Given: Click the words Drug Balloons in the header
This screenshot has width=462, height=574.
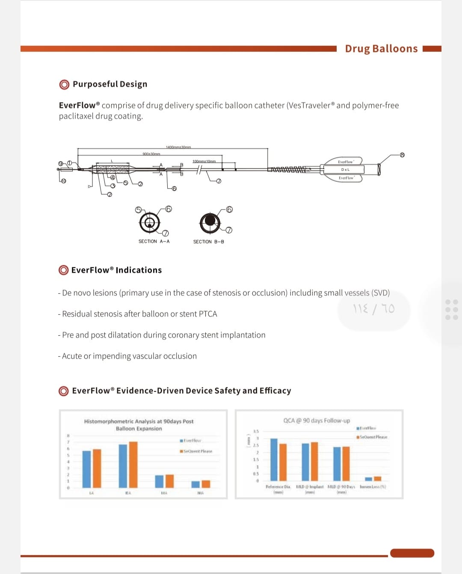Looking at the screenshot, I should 381,48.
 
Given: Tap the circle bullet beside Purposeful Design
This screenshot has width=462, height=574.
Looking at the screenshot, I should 64,84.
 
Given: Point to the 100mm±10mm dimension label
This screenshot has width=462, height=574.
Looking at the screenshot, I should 204,161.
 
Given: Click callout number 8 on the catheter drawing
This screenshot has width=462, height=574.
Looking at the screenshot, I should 402,155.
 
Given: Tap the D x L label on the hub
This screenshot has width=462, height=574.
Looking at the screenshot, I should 346,170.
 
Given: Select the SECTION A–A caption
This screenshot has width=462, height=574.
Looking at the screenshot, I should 154,242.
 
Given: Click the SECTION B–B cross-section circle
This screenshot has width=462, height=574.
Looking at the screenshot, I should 210,221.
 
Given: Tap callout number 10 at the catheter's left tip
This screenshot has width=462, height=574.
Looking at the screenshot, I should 63,181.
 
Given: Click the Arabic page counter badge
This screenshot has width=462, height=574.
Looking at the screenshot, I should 374,309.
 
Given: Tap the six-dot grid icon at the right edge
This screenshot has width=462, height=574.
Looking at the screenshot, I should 452,309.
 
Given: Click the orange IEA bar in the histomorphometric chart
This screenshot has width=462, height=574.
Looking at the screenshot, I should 133,464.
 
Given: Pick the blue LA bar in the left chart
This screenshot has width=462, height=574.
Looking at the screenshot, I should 87,469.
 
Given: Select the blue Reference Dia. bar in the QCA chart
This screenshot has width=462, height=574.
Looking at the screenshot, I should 274,459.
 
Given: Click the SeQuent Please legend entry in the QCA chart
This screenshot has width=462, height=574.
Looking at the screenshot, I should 372,437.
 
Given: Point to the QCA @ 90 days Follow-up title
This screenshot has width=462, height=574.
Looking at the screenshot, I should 317,421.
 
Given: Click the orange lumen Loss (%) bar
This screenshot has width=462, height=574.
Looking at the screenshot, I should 377,478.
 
